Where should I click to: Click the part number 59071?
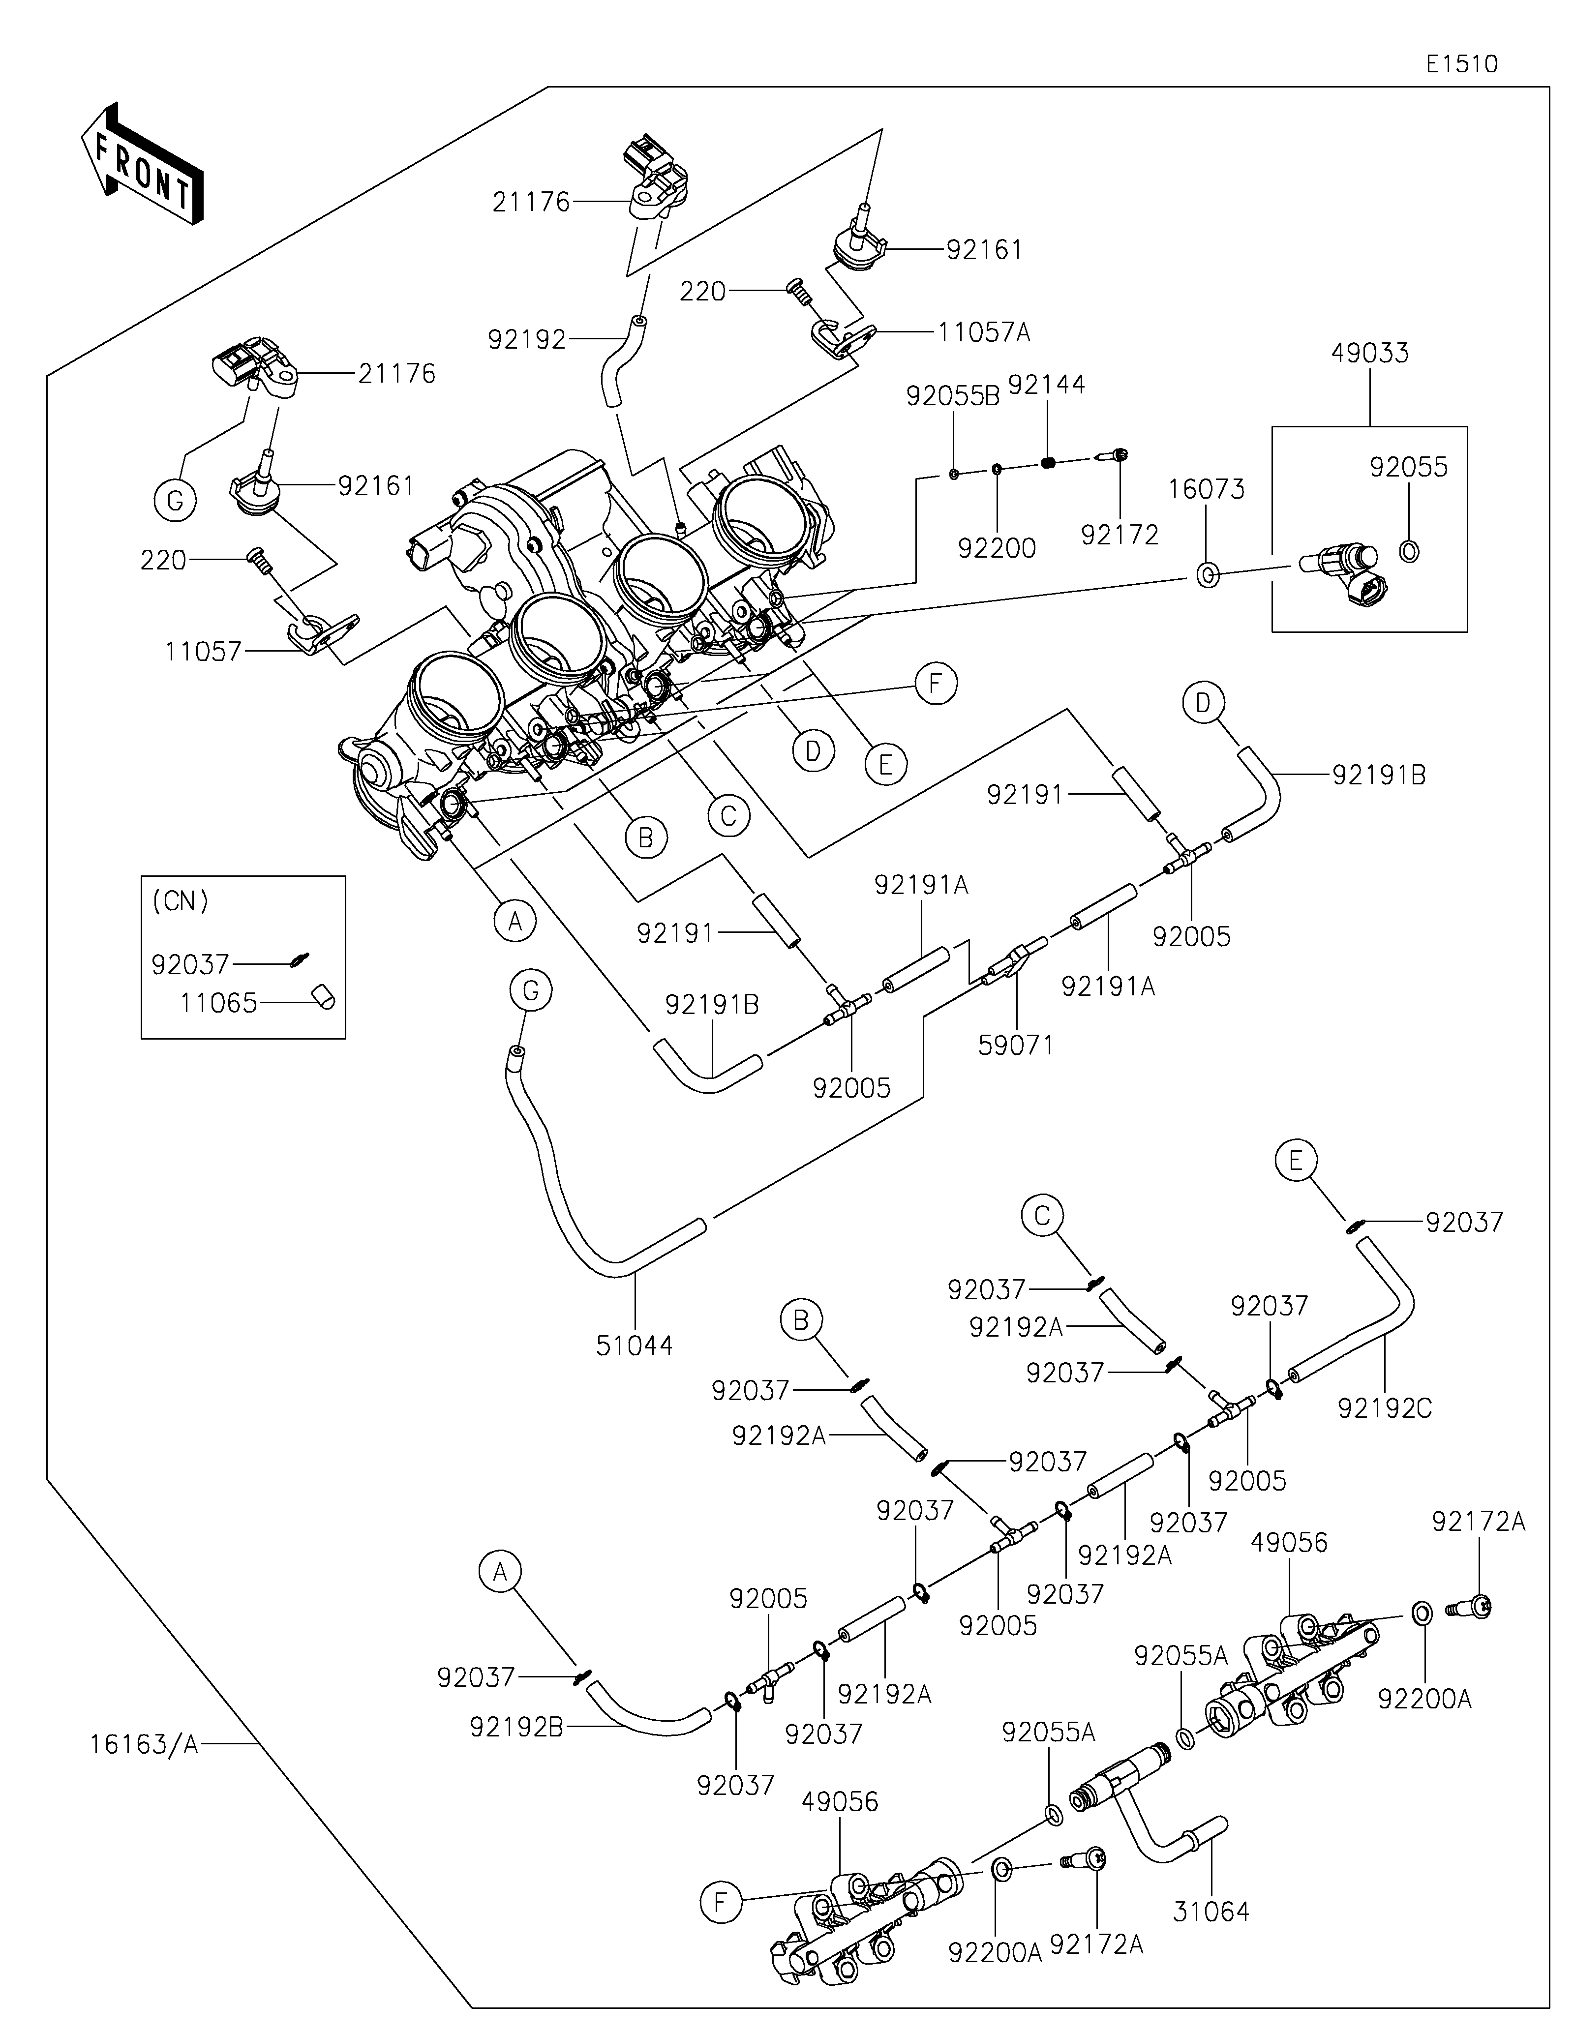(x=1016, y=1046)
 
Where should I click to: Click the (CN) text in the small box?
(x=180, y=901)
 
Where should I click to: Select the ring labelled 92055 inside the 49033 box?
(x=1409, y=552)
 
